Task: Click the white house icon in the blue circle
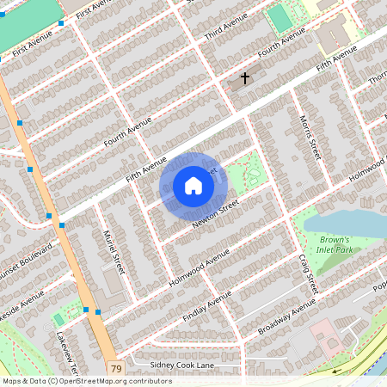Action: coord(193,185)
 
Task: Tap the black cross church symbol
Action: coord(244,78)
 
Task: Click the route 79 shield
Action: coord(115,369)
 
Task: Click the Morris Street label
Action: coord(310,137)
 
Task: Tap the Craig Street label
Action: coord(308,273)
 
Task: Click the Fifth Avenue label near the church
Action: coord(335,58)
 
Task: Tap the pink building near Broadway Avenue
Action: coord(326,333)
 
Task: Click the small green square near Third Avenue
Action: coord(279,17)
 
